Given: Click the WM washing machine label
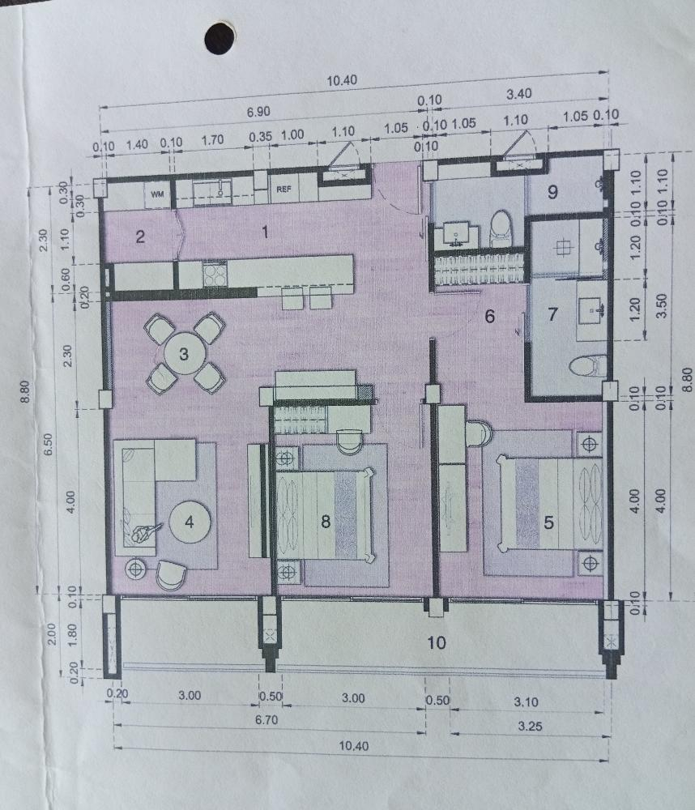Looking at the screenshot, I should [158, 194].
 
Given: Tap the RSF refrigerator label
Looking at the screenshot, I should [284, 190].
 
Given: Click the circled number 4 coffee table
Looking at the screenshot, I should [189, 522].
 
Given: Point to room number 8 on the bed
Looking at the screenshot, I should [326, 522].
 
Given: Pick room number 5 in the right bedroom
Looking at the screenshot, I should [548, 522].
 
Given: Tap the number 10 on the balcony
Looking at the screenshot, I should [437, 643].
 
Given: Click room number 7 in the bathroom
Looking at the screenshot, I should [553, 314].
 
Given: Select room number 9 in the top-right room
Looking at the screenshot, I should [553, 193].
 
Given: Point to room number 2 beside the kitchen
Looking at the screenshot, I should [140, 237].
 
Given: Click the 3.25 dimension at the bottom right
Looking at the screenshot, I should [530, 727].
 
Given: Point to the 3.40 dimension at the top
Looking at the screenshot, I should [518, 94].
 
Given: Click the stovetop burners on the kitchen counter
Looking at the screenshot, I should [214, 274].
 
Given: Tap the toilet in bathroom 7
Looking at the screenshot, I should [587, 366].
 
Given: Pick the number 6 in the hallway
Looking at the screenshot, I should [489, 317].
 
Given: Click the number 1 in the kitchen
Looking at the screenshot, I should [263, 232].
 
